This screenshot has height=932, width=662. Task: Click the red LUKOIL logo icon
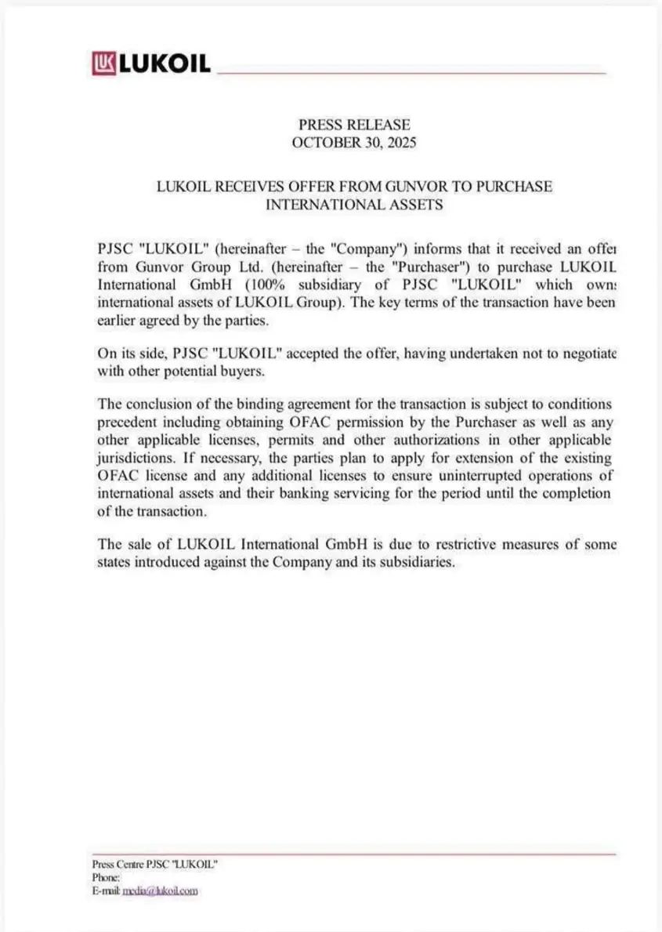click(104, 63)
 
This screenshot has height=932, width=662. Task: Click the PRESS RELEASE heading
click(354, 125)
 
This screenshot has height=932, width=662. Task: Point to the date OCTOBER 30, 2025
click(354, 143)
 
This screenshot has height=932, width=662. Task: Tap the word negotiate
click(588, 354)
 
